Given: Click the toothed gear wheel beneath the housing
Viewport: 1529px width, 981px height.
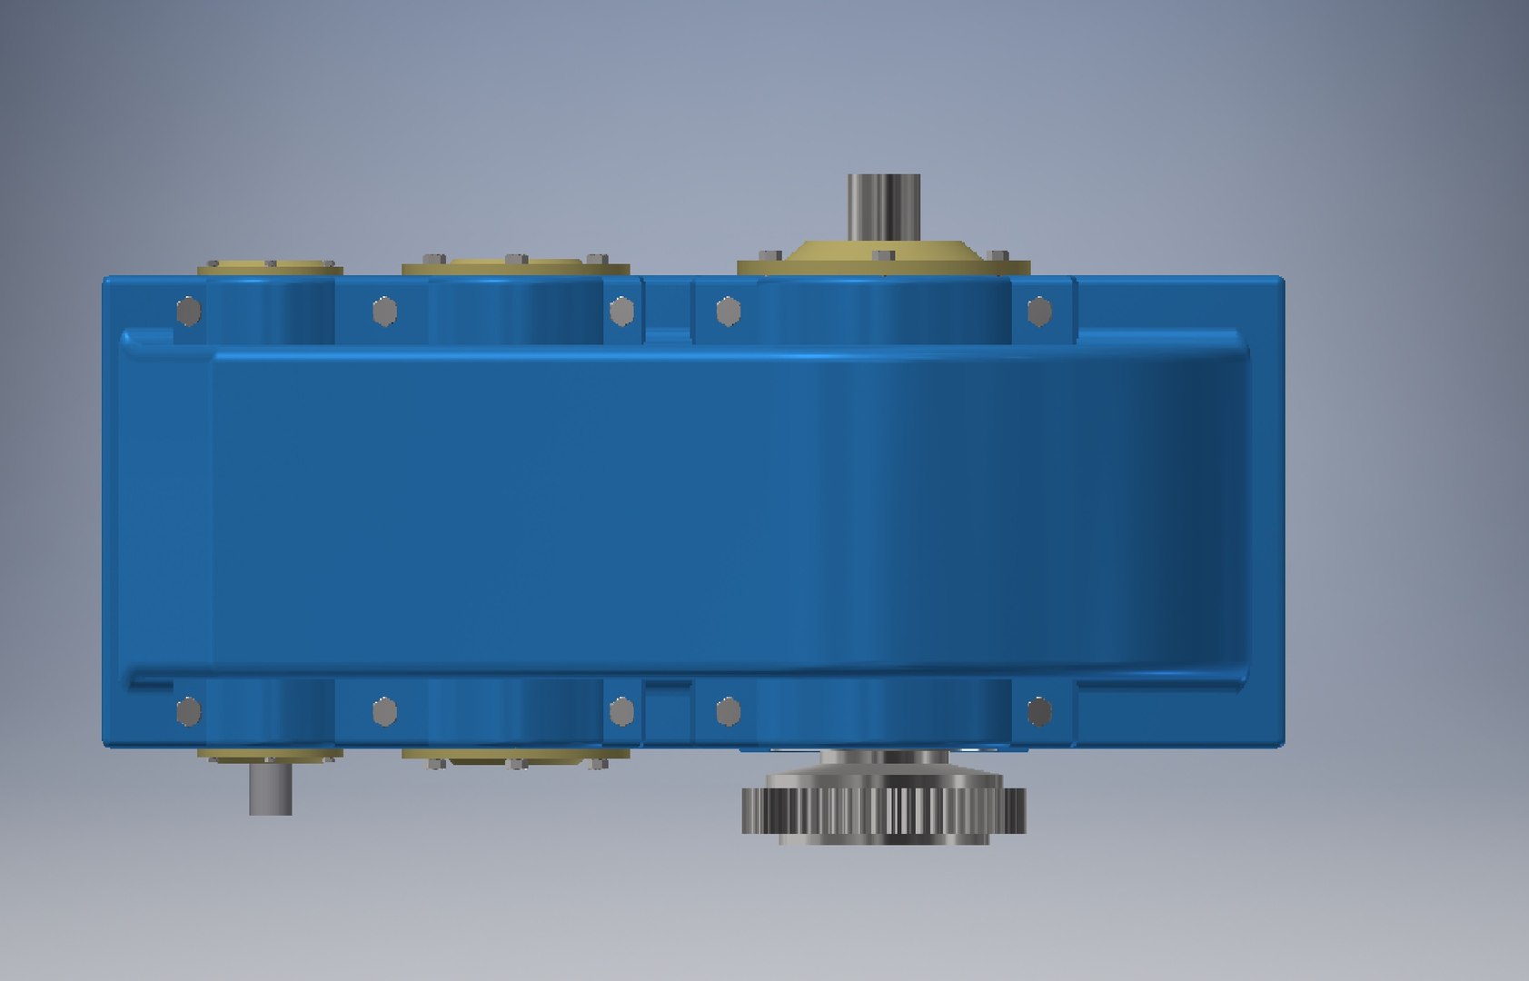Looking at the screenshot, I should (x=884, y=808).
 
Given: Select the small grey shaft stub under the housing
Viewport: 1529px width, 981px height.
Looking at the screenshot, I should (x=271, y=788).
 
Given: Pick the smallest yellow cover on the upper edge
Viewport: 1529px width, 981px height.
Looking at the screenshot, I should (x=271, y=267).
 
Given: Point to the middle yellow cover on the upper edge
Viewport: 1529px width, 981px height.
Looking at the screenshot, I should (x=515, y=266).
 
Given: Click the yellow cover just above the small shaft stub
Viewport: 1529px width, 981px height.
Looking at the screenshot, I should (x=271, y=755).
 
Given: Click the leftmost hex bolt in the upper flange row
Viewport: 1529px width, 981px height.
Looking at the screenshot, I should (x=188, y=312).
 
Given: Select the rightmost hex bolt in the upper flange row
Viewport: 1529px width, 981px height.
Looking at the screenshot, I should (x=1039, y=312).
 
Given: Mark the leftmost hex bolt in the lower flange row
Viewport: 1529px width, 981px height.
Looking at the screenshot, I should (x=188, y=711).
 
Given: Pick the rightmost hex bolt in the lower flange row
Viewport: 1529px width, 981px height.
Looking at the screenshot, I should (x=1039, y=711).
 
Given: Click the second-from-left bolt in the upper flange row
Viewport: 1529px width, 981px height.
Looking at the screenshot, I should (x=384, y=312).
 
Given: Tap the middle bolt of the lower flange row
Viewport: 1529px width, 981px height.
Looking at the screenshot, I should (x=621, y=711).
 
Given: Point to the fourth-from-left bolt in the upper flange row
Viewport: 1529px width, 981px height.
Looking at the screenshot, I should (x=728, y=312).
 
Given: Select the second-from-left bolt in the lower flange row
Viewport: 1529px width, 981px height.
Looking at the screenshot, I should (x=384, y=711).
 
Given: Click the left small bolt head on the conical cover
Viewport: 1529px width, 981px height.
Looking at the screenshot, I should (x=772, y=255).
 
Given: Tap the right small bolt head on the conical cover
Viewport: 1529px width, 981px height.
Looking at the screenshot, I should (x=997, y=256).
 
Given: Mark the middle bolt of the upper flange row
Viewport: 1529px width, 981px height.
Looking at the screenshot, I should (x=621, y=312).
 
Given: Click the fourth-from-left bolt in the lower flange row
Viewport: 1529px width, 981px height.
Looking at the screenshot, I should (x=728, y=711).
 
